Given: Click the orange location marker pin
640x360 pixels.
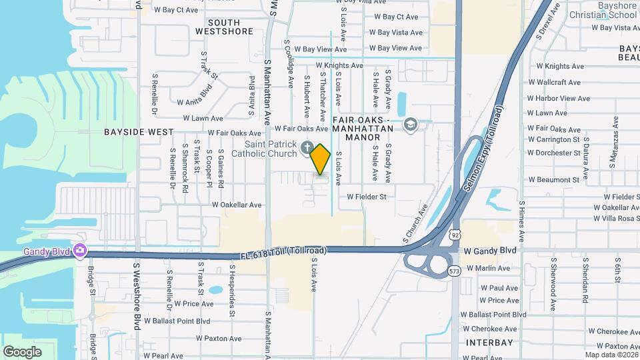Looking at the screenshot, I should tap(321, 159).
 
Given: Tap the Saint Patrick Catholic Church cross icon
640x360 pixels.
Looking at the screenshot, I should tap(307, 147).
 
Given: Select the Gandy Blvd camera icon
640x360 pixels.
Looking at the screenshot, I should tap(81, 251).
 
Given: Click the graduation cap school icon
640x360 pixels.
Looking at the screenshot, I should tap(411, 125).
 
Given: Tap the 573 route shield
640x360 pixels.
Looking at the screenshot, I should tap(455, 271).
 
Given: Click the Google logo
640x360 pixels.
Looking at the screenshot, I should tap(22, 351).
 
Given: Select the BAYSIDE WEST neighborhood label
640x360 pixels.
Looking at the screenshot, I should tap(139, 132).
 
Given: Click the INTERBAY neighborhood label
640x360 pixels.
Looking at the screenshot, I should tap(489, 343).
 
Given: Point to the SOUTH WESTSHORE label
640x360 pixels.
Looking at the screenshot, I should tap(225, 27).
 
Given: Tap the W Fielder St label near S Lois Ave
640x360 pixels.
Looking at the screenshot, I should tap(367, 197).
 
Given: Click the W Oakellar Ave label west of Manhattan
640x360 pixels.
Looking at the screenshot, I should tap(236, 205).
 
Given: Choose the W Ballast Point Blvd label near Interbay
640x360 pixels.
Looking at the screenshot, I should tap(497, 314).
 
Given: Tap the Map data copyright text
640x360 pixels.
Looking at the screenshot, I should tap(612, 355).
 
